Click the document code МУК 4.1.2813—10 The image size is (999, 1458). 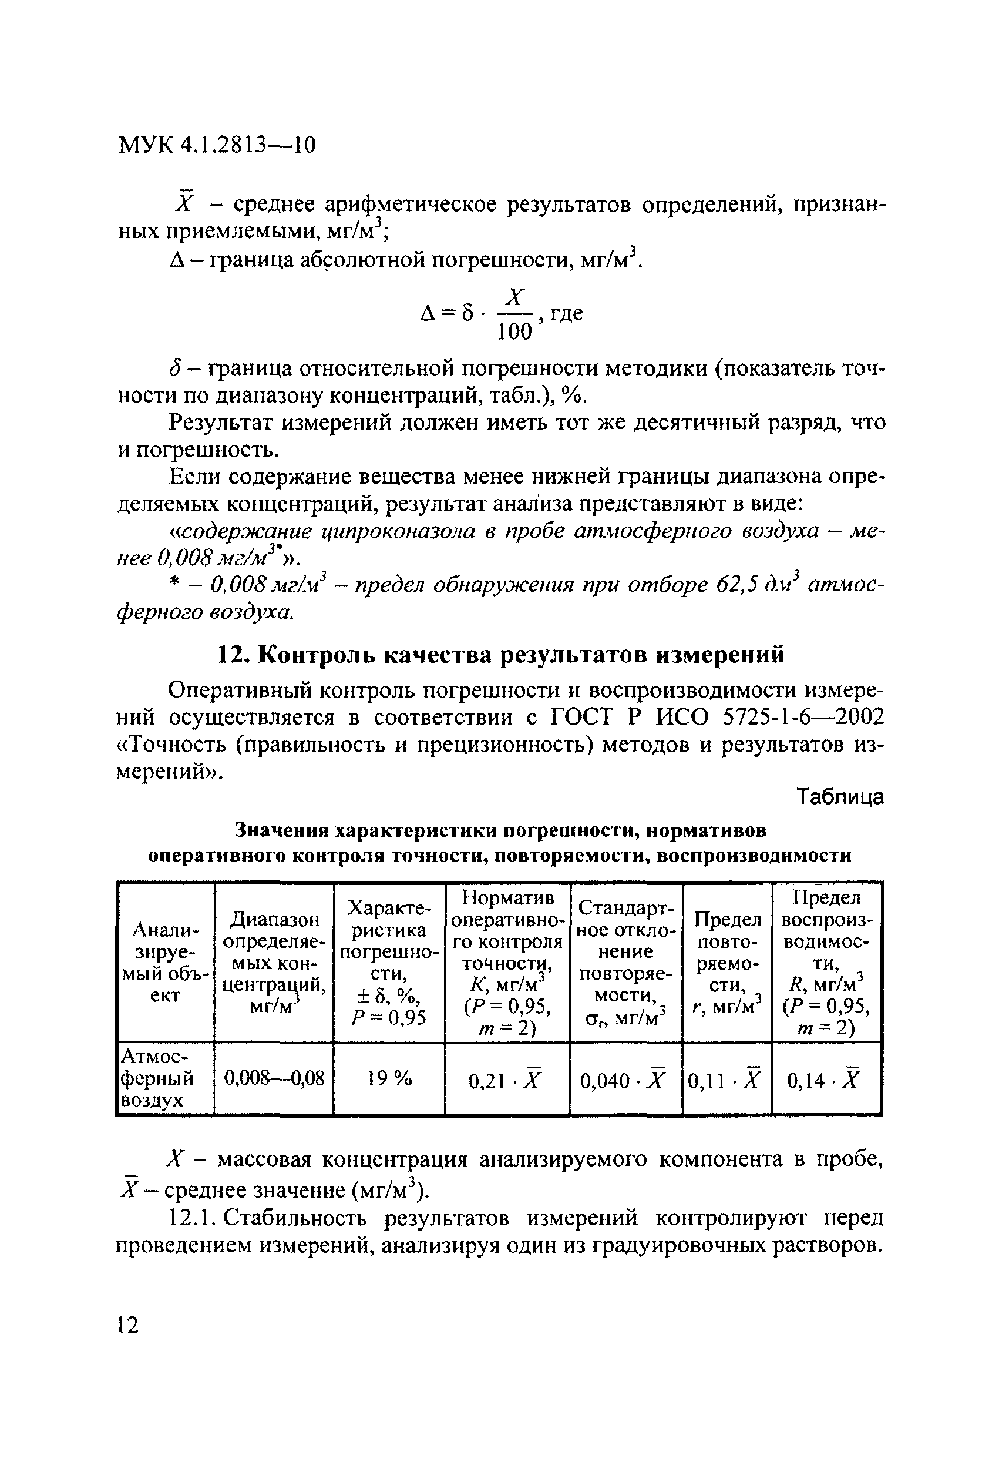(x=217, y=146)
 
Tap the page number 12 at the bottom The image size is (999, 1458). (x=127, y=1325)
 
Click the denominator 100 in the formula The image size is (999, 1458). (x=514, y=331)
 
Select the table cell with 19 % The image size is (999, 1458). (x=389, y=1078)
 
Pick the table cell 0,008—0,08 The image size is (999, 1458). (x=274, y=1078)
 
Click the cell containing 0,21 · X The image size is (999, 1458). (x=506, y=1080)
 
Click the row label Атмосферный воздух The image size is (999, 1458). (x=157, y=1078)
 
